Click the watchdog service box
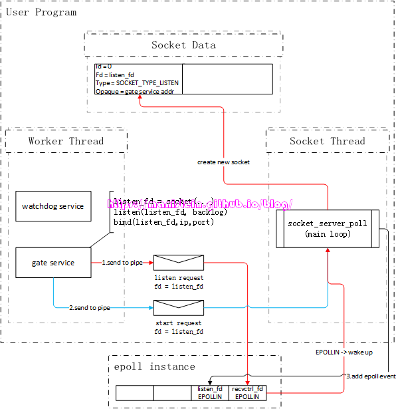pos(53,206)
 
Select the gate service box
pos(53,263)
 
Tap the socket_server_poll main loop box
pos(328,229)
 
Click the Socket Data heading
pos(183,45)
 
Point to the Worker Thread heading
pos(66,141)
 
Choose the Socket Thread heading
pos(327,141)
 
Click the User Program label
pos(41,12)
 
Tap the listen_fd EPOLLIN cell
pos(210,392)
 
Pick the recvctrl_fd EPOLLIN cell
pos(247,392)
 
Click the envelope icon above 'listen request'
pos(178,263)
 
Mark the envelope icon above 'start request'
pos(178,307)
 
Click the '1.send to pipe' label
pos(122,263)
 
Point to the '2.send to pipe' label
pos(90,308)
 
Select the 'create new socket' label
pos(223,162)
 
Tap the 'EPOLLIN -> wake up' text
pos(343,352)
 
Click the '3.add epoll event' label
pos(371,376)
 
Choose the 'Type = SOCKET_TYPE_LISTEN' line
pos(137,83)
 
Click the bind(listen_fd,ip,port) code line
pos(163,221)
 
